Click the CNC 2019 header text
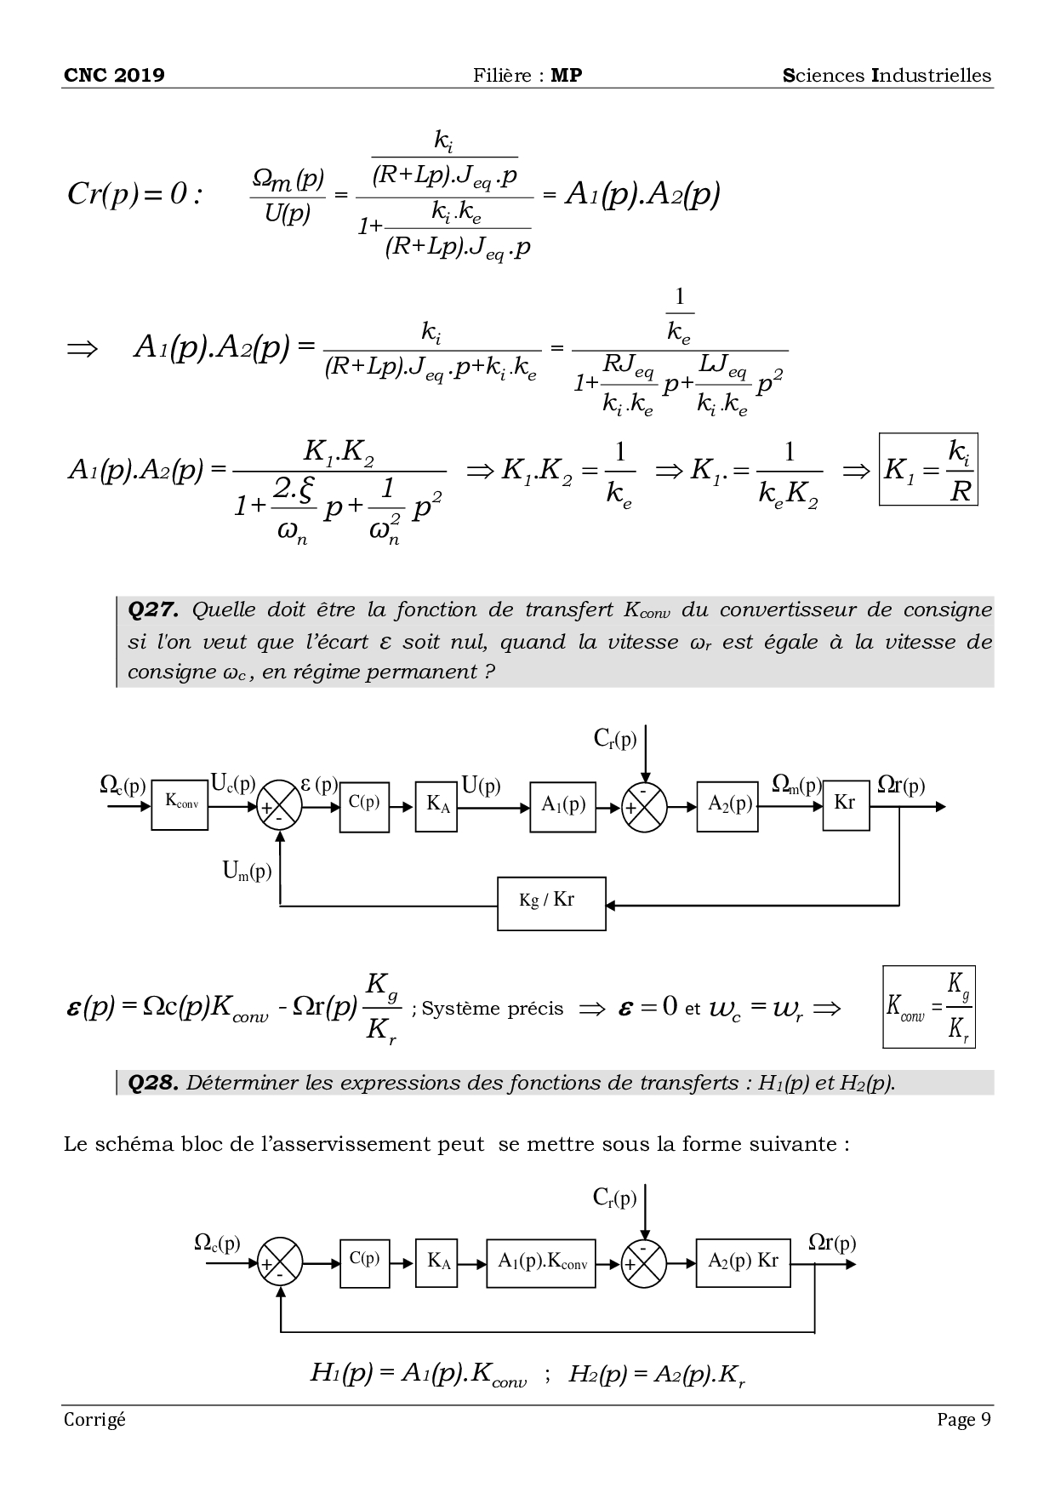point(114,75)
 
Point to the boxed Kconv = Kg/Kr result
point(929,1006)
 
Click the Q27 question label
point(153,609)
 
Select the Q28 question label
point(153,1083)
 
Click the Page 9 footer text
point(964,1419)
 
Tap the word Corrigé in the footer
point(94,1419)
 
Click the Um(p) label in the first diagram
point(247,871)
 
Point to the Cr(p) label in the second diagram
point(614,1198)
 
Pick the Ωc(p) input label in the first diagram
point(123,784)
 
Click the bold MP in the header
point(567,75)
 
